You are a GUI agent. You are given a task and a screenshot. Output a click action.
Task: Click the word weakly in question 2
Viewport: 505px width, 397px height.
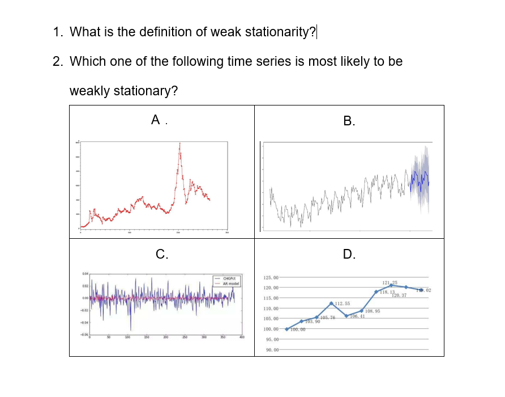pos(89,91)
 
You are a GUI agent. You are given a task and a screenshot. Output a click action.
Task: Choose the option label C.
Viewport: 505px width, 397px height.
pos(161,255)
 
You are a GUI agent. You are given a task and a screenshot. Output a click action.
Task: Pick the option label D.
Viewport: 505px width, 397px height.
pos(349,255)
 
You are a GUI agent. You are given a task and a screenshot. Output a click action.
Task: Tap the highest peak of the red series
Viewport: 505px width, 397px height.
pos(180,144)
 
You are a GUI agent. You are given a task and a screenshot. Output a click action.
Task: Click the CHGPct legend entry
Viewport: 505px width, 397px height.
pos(229,278)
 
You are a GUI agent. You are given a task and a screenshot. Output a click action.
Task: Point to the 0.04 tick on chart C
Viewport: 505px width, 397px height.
pos(84,274)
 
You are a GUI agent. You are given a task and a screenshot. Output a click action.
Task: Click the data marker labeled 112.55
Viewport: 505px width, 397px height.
pos(331,303)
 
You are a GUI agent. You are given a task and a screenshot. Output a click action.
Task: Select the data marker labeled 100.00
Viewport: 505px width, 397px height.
pos(287,329)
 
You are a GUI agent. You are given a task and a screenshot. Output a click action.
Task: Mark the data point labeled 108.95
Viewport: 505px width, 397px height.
pos(362,310)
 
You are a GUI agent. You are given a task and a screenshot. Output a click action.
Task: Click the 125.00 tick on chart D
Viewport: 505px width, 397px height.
pos(272,278)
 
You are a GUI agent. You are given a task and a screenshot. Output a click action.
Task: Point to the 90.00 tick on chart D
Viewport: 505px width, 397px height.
pos(272,350)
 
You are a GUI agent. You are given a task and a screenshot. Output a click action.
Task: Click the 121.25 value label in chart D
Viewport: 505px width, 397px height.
pos(390,282)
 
